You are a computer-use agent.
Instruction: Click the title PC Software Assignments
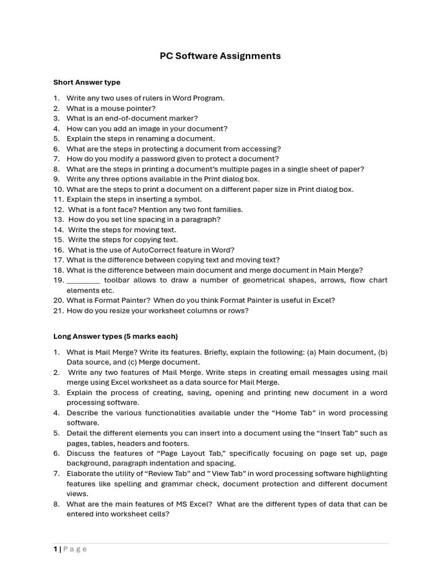click(220, 56)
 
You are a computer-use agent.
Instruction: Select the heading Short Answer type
click(87, 82)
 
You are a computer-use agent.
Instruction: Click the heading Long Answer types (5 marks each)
click(115, 336)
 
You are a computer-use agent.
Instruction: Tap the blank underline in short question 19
click(83, 280)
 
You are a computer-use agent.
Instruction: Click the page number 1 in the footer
click(56, 549)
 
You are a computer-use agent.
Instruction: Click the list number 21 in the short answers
click(58, 311)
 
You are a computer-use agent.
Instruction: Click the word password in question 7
click(171, 158)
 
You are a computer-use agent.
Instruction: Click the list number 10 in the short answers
click(58, 189)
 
